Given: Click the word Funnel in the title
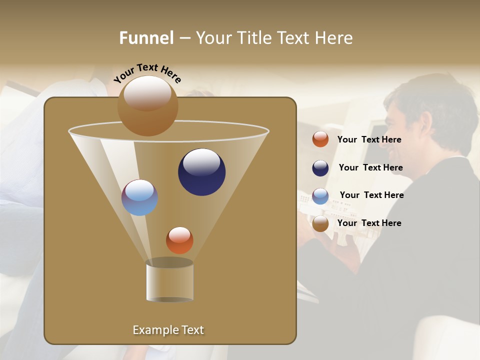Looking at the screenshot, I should [x=146, y=38].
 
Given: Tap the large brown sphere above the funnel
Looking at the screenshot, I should [x=147, y=106].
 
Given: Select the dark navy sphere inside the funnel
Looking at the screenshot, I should [x=201, y=172].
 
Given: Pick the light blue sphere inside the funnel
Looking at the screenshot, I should [x=139, y=198].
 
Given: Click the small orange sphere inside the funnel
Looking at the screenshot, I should [x=179, y=240].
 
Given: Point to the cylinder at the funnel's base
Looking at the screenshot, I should [x=169, y=281].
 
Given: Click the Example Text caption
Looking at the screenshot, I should [x=168, y=330].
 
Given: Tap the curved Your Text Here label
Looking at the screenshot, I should [x=147, y=73].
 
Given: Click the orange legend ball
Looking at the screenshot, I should [x=320, y=139].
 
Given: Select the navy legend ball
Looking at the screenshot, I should [x=320, y=168].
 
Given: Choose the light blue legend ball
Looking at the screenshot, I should [x=320, y=196].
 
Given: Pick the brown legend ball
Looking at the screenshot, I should [x=320, y=223].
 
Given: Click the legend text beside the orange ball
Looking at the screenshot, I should [x=369, y=140].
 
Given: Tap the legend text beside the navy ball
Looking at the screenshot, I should [x=370, y=168].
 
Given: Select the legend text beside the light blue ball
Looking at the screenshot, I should [x=371, y=195].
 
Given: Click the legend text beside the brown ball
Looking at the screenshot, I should [x=369, y=223].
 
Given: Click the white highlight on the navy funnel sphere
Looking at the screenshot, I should [x=201, y=162].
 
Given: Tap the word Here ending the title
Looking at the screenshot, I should [x=335, y=38].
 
